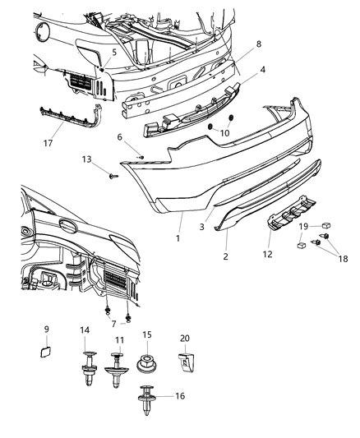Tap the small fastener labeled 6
pyautogui.click(x=141, y=155)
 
